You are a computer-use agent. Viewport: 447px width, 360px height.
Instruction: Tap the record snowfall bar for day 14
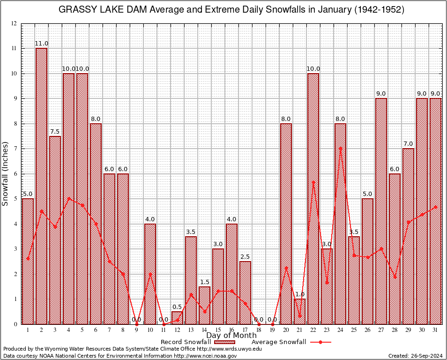point(204,305)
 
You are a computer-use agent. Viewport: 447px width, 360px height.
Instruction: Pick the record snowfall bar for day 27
point(381,211)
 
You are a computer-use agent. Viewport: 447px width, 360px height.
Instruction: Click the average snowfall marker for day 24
point(340,148)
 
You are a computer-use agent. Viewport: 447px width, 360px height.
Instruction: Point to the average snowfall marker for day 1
point(28,258)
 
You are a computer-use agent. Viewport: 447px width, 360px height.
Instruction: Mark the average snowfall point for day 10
point(150,274)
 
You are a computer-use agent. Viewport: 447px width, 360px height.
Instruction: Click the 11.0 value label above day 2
point(41,44)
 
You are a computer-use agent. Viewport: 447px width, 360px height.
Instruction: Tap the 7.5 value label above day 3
point(55,132)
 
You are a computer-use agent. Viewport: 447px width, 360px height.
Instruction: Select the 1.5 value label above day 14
point(204,282)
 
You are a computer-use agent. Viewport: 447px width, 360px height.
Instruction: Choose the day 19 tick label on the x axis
point(272,330)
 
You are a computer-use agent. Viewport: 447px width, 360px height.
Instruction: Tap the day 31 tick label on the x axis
point(435,330)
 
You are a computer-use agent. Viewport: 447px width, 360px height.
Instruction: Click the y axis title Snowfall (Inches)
point(6,173)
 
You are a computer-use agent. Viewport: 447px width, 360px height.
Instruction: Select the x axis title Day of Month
point(231,335)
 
